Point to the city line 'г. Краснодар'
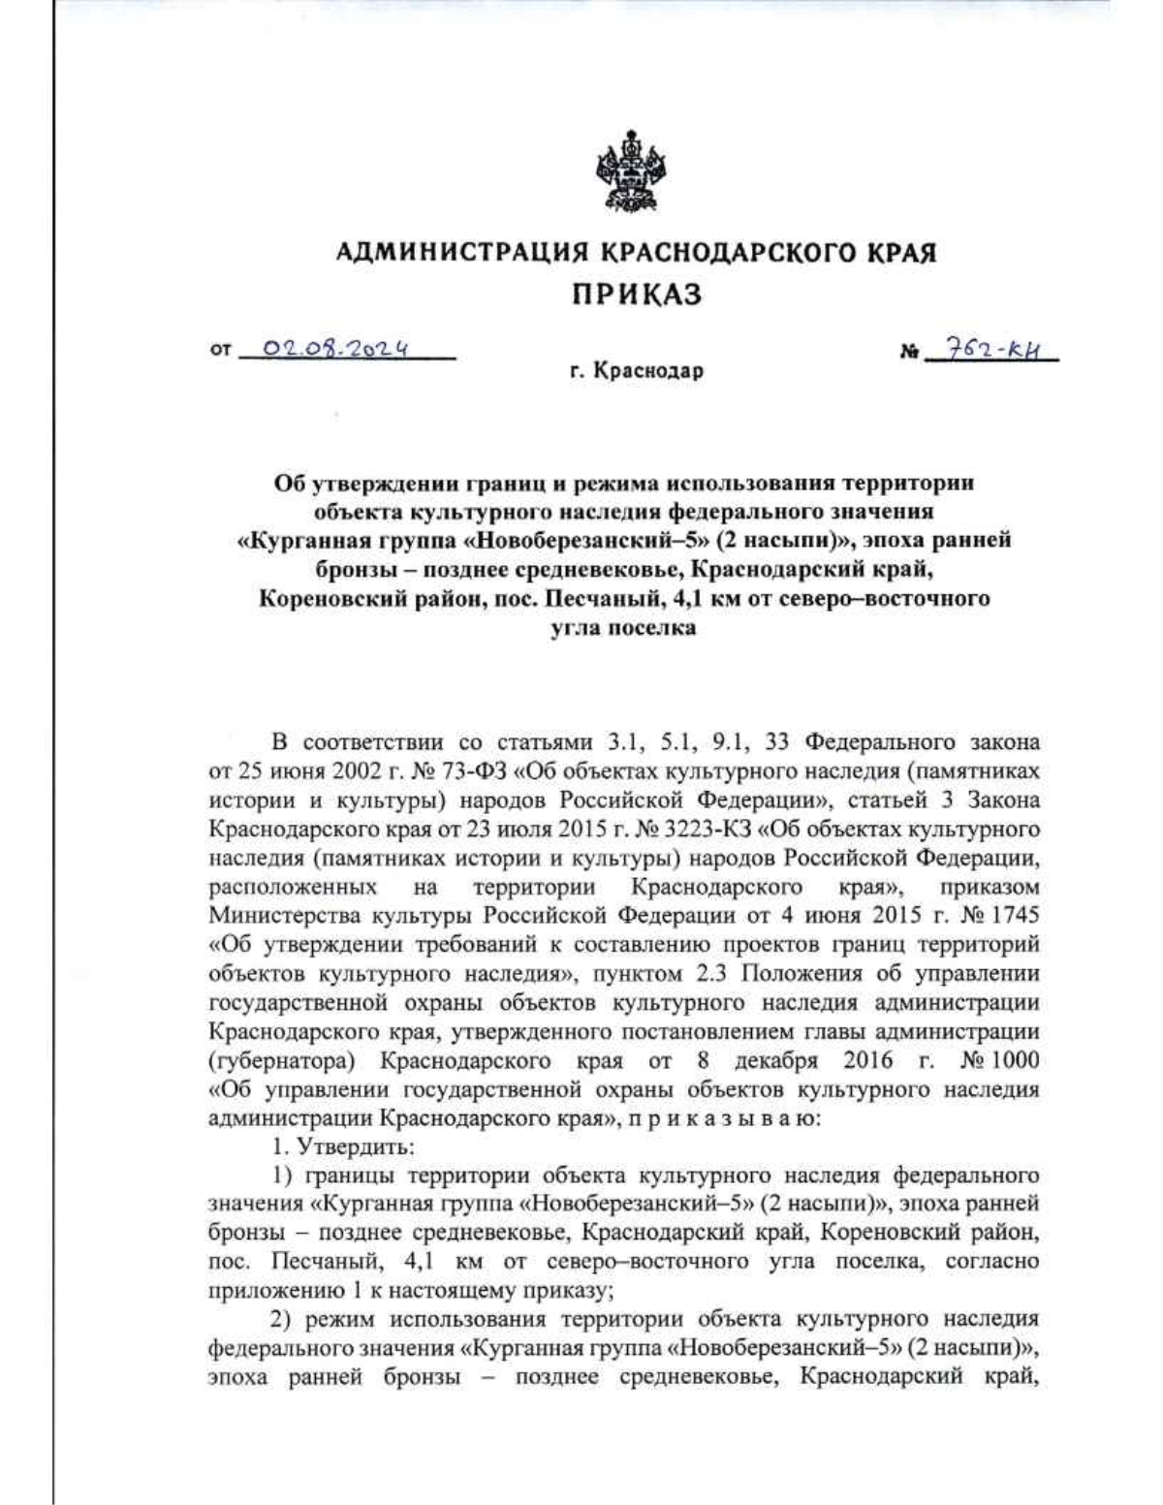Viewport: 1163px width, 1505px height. click(x=636, y=371)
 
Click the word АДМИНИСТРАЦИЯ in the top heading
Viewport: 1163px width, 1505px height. click(x=462, y=254)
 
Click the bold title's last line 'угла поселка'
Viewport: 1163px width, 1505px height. click(x=623, y=627)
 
